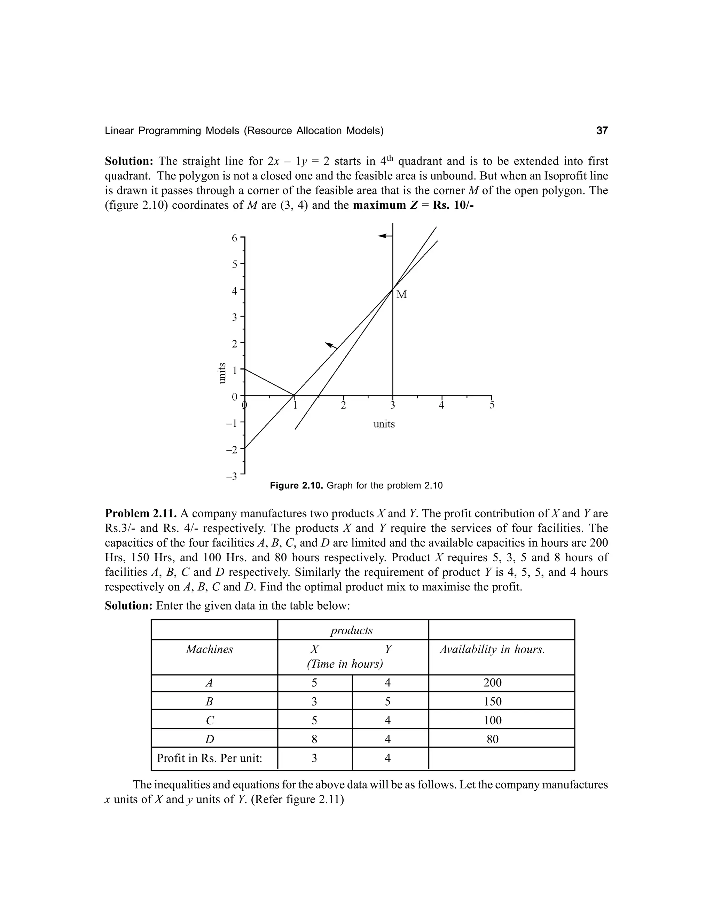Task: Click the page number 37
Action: click(602, 131)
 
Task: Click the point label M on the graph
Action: click(402, 295)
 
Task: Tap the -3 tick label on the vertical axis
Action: click(232, 477)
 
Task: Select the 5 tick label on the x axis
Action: click(492, 406)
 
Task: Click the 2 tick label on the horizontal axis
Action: click(343, 406)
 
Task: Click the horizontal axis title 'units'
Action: click(384, 424)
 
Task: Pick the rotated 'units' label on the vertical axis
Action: click(221, 373)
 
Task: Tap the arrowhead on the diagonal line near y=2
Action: click(331, 345)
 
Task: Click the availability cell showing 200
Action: click(493, 683)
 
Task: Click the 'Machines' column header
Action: click(210, 649)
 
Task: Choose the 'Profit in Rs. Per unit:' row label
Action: click(210, 758)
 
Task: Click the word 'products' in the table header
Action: click(351, 630)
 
